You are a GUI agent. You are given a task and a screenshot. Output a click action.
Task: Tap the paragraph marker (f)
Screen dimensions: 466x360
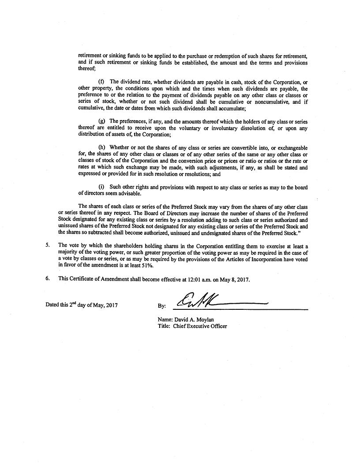point(101,82)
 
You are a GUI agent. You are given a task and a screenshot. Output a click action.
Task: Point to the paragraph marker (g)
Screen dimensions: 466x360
point(101,121)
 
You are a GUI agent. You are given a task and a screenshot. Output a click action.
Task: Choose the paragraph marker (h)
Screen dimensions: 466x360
point(101,147)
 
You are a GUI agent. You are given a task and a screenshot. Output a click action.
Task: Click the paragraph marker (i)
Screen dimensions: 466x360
point(101,187)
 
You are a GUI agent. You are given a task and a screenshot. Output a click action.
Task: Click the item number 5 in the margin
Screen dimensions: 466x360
point(47,245)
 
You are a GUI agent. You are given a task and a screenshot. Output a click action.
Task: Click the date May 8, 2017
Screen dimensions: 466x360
point(238,279)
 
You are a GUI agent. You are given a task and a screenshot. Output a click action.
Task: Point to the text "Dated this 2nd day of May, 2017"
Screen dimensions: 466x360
point(82,304)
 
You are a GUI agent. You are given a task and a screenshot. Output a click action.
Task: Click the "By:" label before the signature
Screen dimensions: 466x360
point(161,305)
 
